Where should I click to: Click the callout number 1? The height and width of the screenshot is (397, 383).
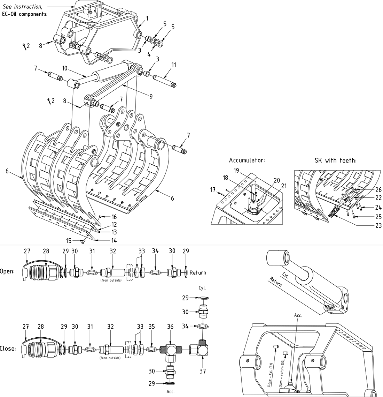click(147, 18)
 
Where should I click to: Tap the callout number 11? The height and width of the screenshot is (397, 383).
click(174, 65)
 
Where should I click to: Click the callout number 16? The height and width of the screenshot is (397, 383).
click(114, 217)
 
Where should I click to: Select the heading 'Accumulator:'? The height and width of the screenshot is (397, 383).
click(247, 160)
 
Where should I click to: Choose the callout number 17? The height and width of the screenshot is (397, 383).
click(213, 190)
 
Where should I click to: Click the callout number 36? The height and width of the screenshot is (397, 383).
click(170, 327)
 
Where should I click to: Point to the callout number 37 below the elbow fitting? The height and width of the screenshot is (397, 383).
click(203, 371)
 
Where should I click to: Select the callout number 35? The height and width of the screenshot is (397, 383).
click(151, 327)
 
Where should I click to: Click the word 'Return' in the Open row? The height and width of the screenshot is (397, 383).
click(198, 273)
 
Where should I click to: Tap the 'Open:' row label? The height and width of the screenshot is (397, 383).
click(7, 271)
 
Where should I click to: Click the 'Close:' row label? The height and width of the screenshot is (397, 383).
click(8, 348)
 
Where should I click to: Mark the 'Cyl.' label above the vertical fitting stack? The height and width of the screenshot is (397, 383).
click(202, 289)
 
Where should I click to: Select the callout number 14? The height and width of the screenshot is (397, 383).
click(114, 240)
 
